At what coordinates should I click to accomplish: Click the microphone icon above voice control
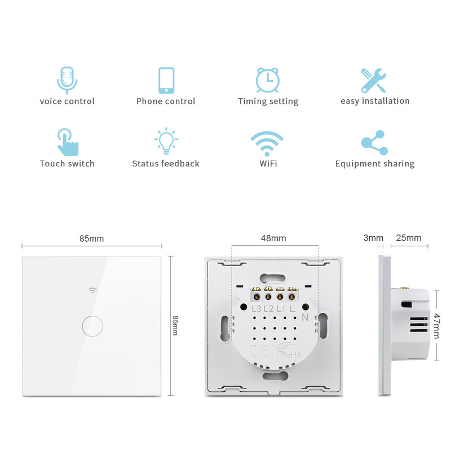[67, 79]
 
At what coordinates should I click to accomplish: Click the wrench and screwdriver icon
[374, 80]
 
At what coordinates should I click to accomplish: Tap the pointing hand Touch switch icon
[67, 142]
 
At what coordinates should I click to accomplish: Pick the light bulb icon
[166, 142]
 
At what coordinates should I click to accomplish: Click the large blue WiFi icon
[267, 143]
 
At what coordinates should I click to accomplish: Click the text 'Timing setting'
[268, 101]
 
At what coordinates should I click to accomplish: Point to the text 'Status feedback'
[166, 163]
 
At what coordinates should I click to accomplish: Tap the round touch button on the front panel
[92, 325]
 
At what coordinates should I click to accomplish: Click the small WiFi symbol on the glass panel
[92, 291]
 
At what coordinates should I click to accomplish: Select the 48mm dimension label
[275, 238]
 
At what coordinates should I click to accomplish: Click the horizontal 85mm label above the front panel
[92, 238]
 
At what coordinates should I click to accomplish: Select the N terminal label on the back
[305, 317]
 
